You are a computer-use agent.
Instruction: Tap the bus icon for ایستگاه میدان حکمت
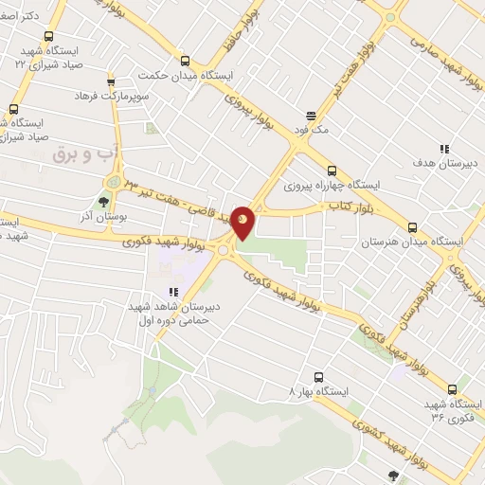186,60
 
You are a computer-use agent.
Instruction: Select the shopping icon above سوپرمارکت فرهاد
111,82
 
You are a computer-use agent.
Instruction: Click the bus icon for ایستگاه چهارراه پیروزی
331,171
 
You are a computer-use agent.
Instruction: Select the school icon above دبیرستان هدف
443,148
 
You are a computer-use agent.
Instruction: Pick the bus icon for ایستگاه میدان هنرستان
412,227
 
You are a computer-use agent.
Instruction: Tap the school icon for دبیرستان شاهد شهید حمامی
172,292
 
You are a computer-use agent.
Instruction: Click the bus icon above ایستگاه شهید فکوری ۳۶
451,388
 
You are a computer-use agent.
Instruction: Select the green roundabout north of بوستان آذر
113,180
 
